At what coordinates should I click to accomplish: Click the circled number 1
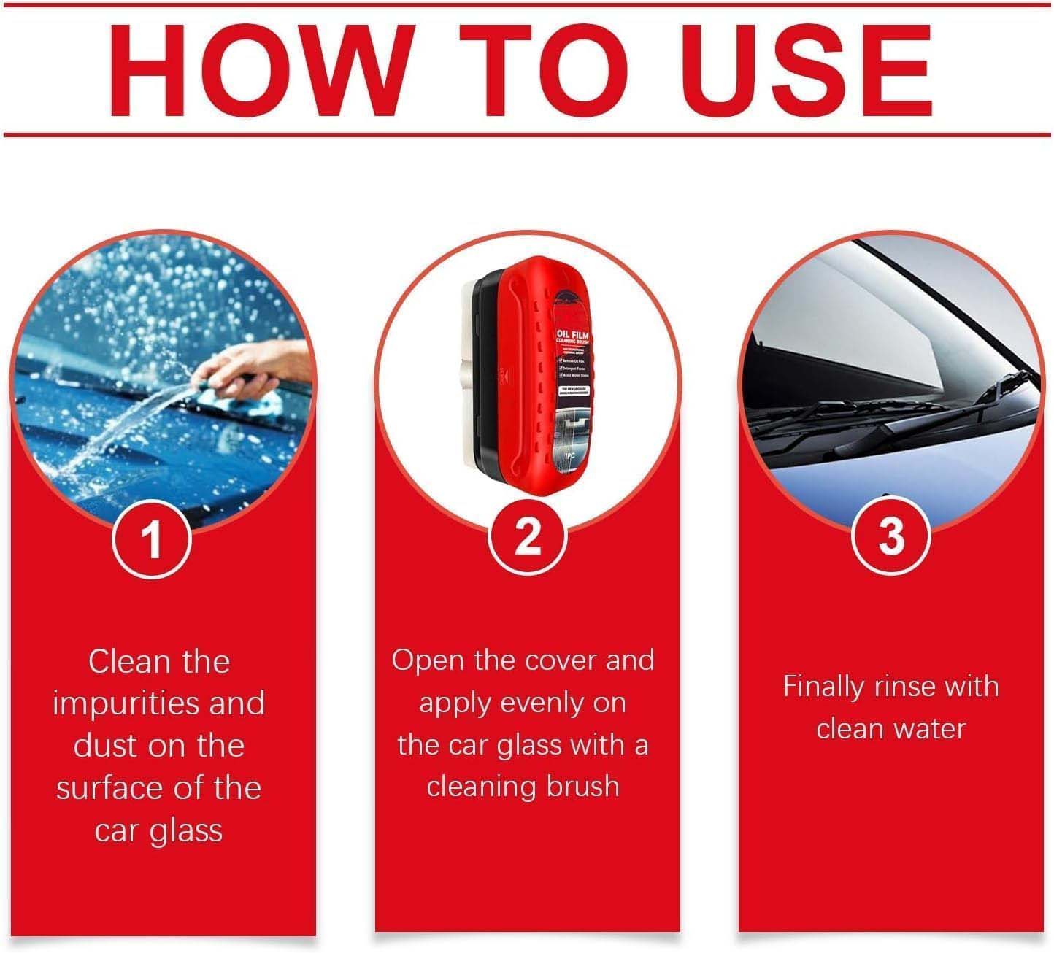[x=152, y=541]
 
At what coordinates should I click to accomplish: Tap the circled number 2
[x=527, y=538]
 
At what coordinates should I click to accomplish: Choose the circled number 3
[x=891, y=536]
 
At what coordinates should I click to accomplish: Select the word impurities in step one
[x=124, y=704]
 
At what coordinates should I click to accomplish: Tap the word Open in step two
[x=427, y=660]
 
